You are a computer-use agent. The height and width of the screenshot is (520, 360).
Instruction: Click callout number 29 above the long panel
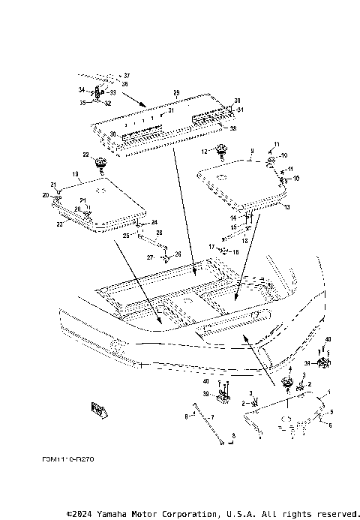point(176,92)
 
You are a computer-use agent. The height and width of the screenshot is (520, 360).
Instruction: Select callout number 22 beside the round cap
point(85,155)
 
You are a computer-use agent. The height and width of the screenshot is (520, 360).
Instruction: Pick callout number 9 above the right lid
point(252,151)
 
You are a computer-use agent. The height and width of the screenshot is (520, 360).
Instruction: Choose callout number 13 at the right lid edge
point(287,206)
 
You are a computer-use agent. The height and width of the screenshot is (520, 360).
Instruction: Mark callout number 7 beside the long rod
point(212,416)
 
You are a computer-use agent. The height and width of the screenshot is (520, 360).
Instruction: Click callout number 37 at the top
point(127,76)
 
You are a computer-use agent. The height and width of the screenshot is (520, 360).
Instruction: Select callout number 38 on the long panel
point(234,128)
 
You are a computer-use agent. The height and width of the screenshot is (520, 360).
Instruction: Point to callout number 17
point(212,245)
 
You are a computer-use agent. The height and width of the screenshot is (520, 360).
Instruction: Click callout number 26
point(178,254)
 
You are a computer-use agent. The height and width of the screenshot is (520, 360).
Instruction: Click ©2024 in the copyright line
point(81,513)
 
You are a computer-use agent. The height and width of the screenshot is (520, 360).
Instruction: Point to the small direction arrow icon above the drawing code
point(97,409)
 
